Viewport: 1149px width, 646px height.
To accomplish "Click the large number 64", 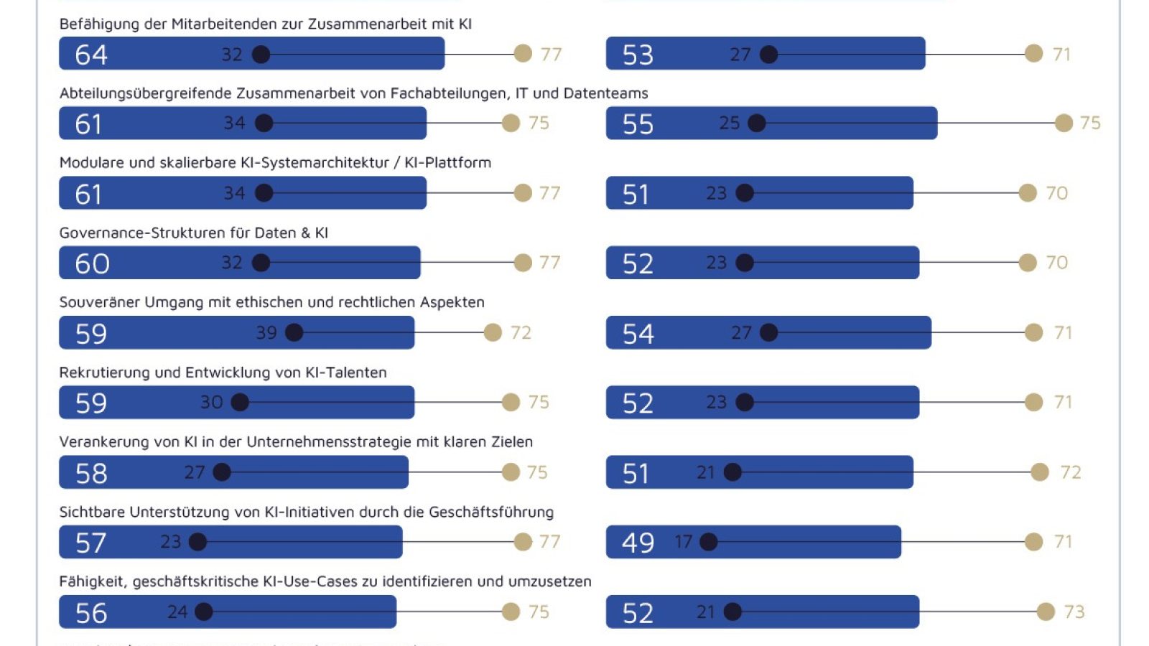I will pyautogui.click(x=91, y=55).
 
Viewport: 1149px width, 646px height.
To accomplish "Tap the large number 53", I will pyautogui.click(x=638, y=55).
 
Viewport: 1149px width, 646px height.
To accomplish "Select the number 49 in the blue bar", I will pyautogui.click(x=638, y=543).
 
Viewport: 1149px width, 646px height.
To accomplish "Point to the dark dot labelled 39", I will pyautogui.click(x=294, y=332).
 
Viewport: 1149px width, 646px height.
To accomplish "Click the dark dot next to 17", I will pyautogui.click(x=708, y=542).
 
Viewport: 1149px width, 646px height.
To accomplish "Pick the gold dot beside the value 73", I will pyautogui.click(x=1046, y=612).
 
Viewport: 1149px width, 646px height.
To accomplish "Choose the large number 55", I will pyautogui.click(x=638, y=124).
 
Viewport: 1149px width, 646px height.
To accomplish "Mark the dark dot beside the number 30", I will pyautogui.click(x=240, y=402).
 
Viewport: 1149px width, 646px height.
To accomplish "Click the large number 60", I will pyautogui.click(x=92, y=264).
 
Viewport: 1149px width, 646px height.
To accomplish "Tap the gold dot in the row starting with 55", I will pyautogui.click(x=1064, y=123).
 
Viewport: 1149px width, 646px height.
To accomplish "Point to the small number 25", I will pyautogui.click(x=729, y=123).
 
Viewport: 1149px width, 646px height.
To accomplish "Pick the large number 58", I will pyautogui.click(x=91, y=474).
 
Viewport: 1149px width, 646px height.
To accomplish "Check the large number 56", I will pyautogui.click(x=91, y=613).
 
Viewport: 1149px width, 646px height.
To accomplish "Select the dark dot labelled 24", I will pyautogui.click(x=204, y=612).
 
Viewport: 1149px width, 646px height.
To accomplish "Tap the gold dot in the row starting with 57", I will pyautogui.click(x=523, y=542).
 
